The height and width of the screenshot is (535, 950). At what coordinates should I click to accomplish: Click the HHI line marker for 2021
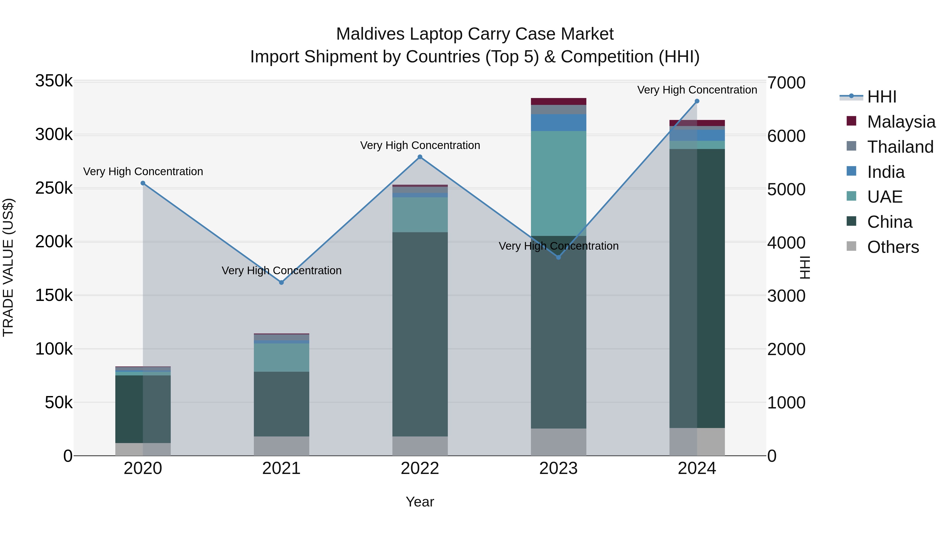[281, 282]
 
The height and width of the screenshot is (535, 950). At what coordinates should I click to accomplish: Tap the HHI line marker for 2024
[697, 101]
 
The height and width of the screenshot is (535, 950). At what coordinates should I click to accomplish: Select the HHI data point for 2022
[420, 157]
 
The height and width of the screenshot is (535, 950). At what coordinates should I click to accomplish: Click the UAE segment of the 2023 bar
[558, 184]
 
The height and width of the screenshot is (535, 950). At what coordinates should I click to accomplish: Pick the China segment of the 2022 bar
[420, 334]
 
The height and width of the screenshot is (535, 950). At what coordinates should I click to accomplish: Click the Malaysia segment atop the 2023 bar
[558, 101]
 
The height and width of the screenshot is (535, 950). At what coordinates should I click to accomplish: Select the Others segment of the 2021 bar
[281, 446]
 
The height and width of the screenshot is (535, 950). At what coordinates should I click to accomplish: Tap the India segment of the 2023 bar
[558, 123]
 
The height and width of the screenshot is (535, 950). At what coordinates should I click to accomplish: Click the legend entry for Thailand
[900, 147]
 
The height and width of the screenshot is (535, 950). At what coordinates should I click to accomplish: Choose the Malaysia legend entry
[901, 122]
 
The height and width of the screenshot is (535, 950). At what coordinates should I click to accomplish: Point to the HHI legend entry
[881, 97]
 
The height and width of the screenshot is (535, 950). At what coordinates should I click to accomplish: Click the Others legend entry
[892, 247]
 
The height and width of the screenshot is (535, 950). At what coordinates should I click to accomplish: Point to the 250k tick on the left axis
[54, 188]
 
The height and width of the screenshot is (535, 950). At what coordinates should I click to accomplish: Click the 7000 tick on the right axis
[786, 83]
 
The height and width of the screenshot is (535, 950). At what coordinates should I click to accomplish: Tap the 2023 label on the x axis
[558, 468]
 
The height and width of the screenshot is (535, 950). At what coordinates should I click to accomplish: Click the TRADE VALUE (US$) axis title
[8, 267]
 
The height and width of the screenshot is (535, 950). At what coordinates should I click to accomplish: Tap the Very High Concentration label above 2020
[143, 172]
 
